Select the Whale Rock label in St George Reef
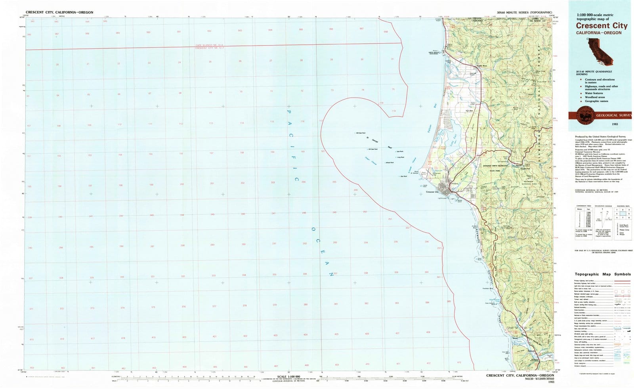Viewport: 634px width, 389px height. click(x=390, y=163)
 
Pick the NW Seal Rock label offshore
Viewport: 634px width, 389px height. click(x=361, y=133)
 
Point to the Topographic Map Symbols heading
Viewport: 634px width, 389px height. click(x=603, y=274)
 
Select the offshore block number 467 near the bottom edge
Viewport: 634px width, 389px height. click(x=276, y=366)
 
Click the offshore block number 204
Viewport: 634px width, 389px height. click(x=304, y=182)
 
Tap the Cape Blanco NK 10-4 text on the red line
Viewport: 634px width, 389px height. click(x=209, y=46)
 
